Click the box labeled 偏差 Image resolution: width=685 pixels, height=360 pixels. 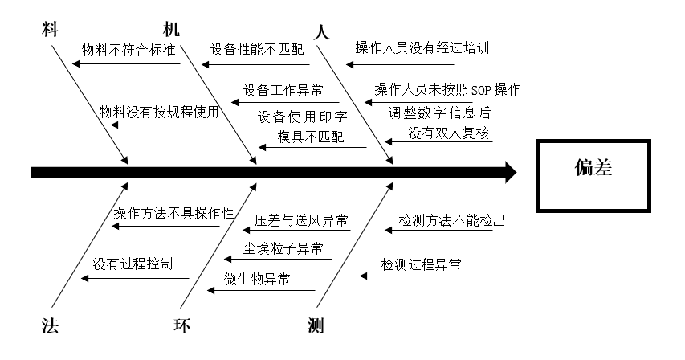click(x=593, y=170)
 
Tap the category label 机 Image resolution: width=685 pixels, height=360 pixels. click(x=172, y=30)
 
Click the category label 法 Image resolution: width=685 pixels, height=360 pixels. click(x=49, y=325)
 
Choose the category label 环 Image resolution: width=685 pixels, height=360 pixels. click(x=183, y=325)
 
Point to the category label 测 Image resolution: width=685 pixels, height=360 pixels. click(x=316, y=325)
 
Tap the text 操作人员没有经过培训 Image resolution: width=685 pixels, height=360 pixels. click(x=422, y=47)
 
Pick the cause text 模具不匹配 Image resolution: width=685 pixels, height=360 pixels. click(x=311, y=137)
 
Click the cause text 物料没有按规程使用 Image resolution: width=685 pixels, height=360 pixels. click(x=159, y=112)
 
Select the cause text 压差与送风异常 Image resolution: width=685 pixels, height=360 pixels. click(x=301, y=219)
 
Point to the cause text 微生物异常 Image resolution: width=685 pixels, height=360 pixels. click(x=258, y=279)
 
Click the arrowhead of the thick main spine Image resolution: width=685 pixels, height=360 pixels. click(x=508, y=172)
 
